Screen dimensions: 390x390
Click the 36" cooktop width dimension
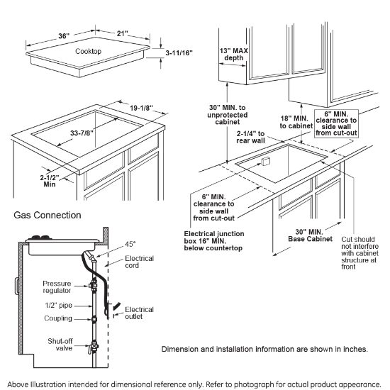coord(64,36)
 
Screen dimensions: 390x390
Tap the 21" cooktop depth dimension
coord(122,33)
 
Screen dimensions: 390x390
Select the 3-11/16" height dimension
coord(179,52)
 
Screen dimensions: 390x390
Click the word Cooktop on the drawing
coord(89,51)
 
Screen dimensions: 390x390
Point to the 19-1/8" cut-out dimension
coord(141,108)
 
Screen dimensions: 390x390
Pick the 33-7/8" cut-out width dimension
coord(82,133)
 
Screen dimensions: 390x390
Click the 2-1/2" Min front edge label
coord(50,181)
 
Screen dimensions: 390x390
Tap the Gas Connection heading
coord(48,215)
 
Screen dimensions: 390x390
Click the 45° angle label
coord(130,244)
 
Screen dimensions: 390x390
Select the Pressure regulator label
coord(57,287)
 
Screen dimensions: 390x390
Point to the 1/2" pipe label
coord(58,305)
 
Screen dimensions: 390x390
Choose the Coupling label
coord(58,318)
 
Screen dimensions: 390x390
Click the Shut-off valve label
coord(60,345)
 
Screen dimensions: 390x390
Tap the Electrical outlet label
coord(139,313)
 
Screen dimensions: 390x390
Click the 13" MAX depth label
coord(233,54)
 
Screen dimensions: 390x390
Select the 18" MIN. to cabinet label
coord(296,122)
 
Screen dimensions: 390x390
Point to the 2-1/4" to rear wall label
coord(250,137)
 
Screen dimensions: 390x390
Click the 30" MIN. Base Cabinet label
coord(310,235)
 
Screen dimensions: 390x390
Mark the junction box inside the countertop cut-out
coord(265,161)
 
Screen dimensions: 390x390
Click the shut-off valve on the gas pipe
coord(94,346)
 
